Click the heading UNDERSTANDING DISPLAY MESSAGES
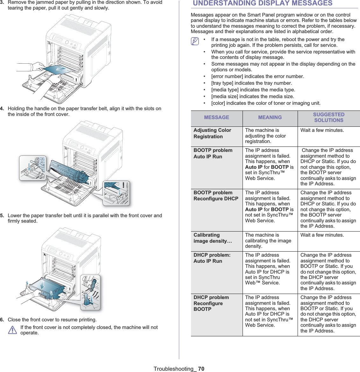point(262,4)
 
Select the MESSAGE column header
point(216,118)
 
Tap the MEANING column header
point(270,118)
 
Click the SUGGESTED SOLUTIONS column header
point(328,118)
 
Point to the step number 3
point(2,2)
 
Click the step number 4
point(2,109)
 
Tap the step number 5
point(2,216)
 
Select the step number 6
point(2,320)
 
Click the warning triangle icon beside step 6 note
point(12,330)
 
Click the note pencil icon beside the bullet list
point(195,41)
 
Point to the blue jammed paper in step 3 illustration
point(57,70)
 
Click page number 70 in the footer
point(201,369)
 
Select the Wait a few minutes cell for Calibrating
point(322,235)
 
